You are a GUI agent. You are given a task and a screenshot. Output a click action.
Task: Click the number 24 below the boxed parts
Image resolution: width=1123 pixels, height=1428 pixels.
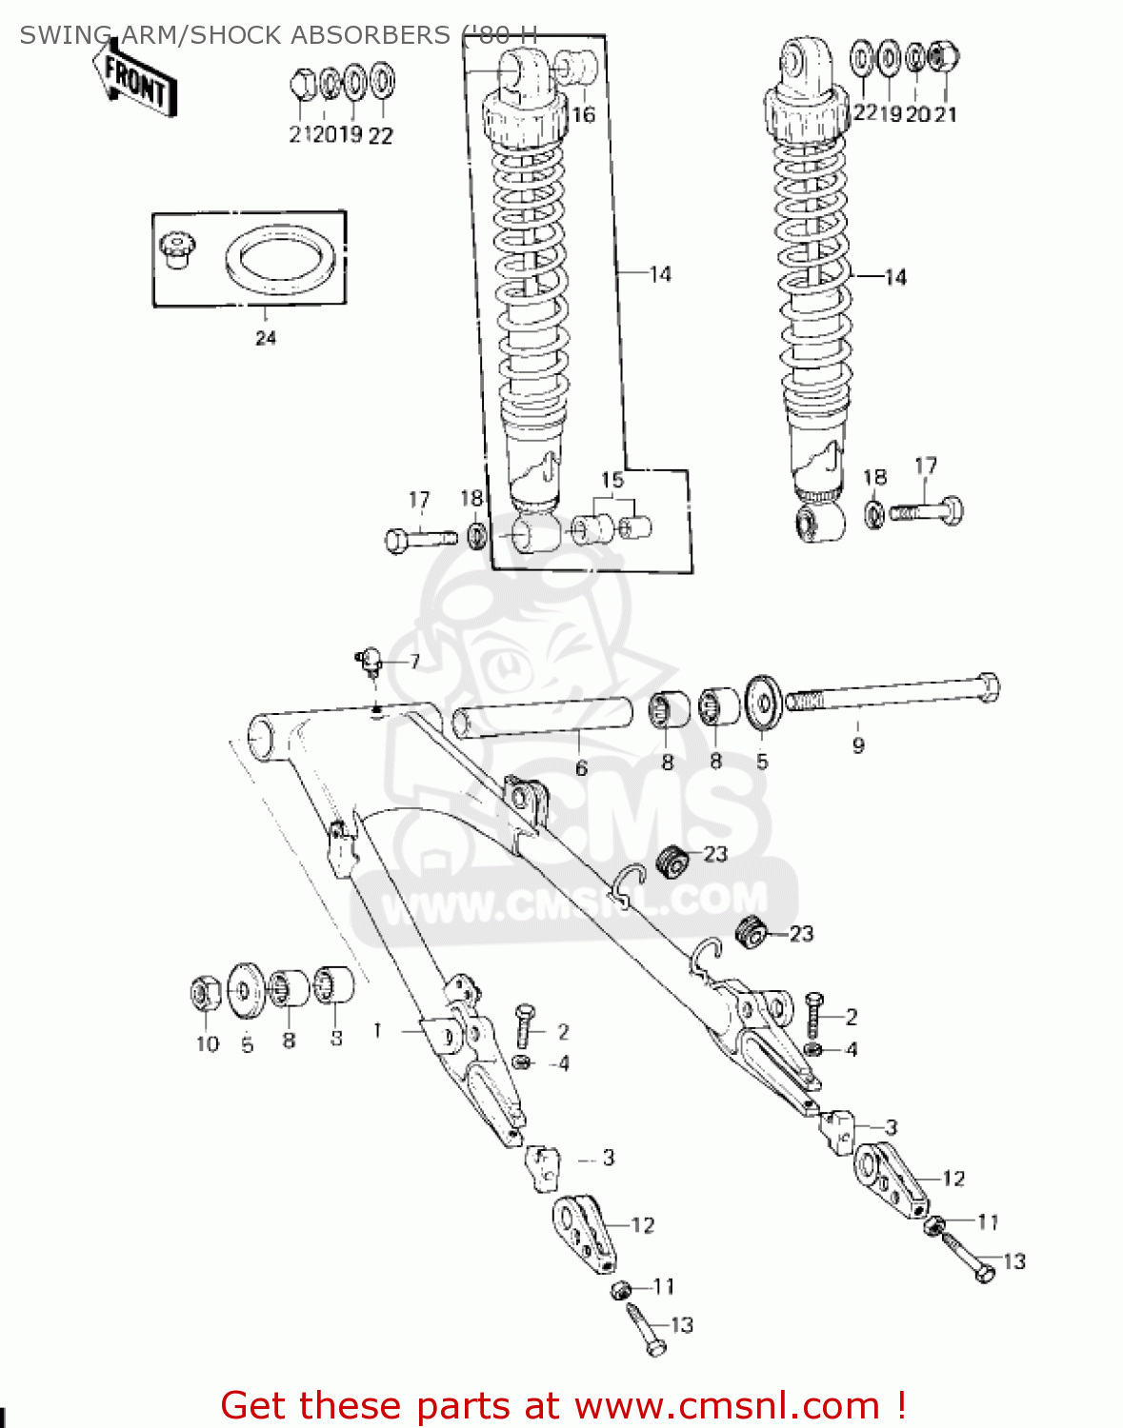point(265,338)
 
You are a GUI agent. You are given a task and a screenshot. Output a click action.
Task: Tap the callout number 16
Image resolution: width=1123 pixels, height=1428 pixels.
point(583,115)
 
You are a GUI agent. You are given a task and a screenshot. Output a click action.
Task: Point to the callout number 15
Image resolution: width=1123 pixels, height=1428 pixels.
point(612,480)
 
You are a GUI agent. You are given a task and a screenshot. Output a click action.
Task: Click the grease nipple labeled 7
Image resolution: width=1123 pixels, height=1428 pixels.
point(370,658)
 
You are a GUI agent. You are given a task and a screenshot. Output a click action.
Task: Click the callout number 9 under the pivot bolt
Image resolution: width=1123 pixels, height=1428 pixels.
point(858,745)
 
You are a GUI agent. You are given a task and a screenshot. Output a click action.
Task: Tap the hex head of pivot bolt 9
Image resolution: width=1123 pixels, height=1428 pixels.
point(987,686)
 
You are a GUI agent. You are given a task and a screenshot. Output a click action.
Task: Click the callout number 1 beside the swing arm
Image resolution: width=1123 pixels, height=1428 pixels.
point(378,1030)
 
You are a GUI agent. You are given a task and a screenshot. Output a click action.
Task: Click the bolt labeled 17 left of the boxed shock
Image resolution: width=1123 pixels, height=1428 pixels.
point(420,539)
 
